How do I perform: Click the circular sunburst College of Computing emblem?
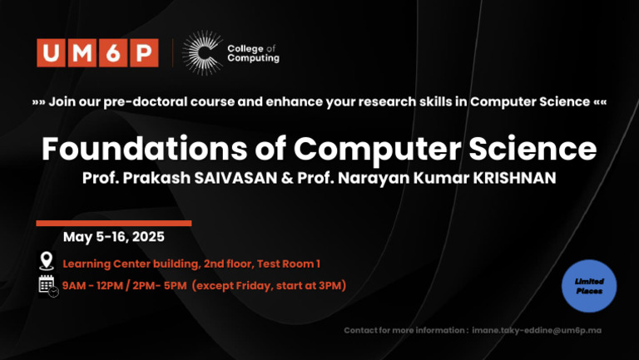(x=201, y=53)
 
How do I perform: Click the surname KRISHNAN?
(x=509, y=179)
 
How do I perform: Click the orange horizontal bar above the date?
(x=114, y=223)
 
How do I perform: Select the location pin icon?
(x=47, y=261)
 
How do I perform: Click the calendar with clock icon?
(x=48, y=286)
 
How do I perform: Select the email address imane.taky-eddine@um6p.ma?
(x=537, y=331)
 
